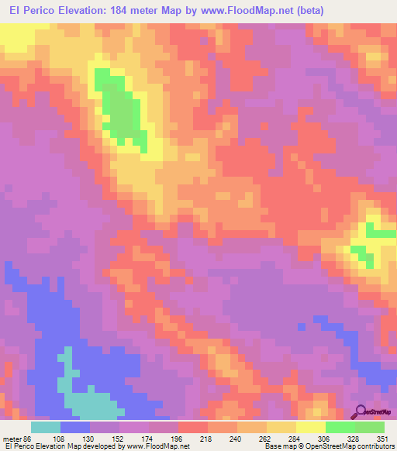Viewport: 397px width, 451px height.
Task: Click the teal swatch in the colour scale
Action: click(46, 427)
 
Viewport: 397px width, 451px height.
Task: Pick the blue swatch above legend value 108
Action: click(75, 427)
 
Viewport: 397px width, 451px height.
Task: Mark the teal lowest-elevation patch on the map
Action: click(85, 399)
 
